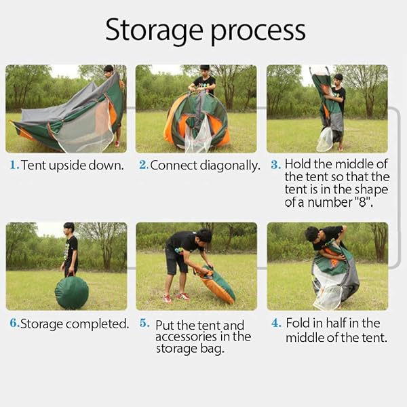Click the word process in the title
pyautogui.click(x=258, y=33)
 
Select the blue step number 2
pyautogui.click(x=144, y=165)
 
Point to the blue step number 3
pyautogui.click(x=275, y=165)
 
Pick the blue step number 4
pyautogui.click(x=276, y=323)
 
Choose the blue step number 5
pyautogui.click(x=144, y=323)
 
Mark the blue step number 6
pyautogui.click(x=14, y=323)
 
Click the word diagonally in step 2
pyautogui.click(x=230, y=166)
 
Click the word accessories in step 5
pyautogui.click(x=186, y=337)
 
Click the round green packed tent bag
pyautogui.click(x=72, y=292)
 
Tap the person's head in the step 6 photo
pyautogui.click(x=69, y=228)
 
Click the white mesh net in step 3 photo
pyautogui.click(x=325, y=139)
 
